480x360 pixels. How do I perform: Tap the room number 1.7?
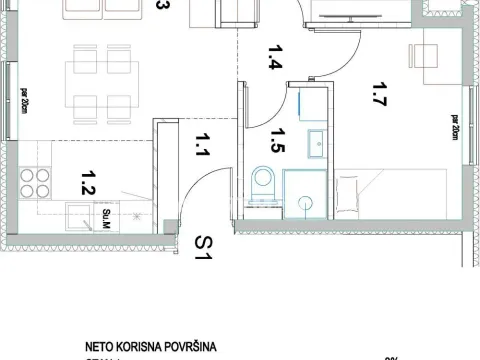pyautogui.click(x=378, y=96)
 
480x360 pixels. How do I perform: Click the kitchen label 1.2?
pyautogui.click(x=87, y=182)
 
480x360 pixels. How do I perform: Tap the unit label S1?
pyautogui.click(x=206, y=247)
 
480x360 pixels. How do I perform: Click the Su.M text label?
pyautogui.click(x=107, y=213)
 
